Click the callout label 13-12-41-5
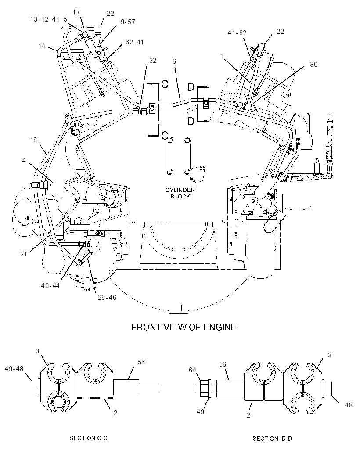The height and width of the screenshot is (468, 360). click(49, 19)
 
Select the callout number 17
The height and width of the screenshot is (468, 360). click(76, 12)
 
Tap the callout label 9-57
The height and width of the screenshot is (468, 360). click(128, 22)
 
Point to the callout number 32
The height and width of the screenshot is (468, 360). click(152, 61)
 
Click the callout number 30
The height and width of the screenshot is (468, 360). click(314, 65)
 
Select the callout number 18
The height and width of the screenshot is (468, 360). click(33, 140)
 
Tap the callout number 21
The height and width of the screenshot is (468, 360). click(24, 254)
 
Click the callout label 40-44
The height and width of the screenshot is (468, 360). click(50, 286)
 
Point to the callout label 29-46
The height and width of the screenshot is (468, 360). click(107, 298)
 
